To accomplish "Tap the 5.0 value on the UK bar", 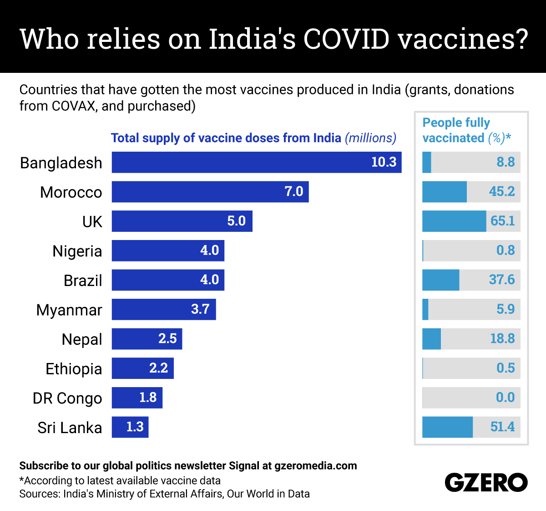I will [236, 221].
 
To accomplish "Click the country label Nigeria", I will [77, 251].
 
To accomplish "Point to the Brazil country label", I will [82, 281].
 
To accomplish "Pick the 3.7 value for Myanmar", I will [200, 309].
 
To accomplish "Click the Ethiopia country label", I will [74, 369].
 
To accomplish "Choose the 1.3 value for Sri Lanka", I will [135, 427].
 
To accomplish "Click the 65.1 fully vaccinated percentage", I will [502, 221].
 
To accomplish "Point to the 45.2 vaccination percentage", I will [501, 191].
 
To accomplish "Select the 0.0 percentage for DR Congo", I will [505, 397].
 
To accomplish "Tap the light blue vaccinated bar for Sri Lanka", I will [447, 427].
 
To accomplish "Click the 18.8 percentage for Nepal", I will [502, 338].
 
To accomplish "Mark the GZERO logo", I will [486, 482].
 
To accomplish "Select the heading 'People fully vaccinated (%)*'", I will [466, 130].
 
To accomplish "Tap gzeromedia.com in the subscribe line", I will [316, 465].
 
